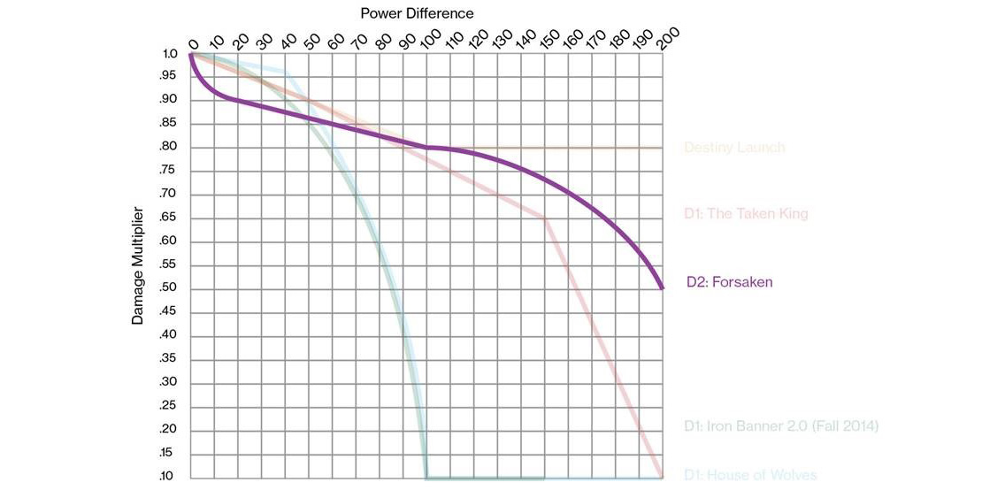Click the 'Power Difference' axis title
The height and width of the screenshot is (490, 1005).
pos(417,13)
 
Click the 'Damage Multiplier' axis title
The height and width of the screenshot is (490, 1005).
pos(137,266)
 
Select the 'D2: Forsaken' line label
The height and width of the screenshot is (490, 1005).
pos(730,283)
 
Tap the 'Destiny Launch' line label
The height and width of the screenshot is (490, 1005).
pos(733,148)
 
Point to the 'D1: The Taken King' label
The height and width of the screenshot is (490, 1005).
pos(745,213)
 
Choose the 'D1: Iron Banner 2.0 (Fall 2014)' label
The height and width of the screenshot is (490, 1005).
pos(781,426)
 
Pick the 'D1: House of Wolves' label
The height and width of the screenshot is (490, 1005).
pos(750,476)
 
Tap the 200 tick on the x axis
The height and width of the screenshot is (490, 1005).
pos(667,38)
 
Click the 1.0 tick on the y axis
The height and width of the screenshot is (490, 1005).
pos(171,54)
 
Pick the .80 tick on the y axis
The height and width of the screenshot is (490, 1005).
pos(169,148)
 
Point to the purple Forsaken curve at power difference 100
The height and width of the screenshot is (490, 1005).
pos(427,147)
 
